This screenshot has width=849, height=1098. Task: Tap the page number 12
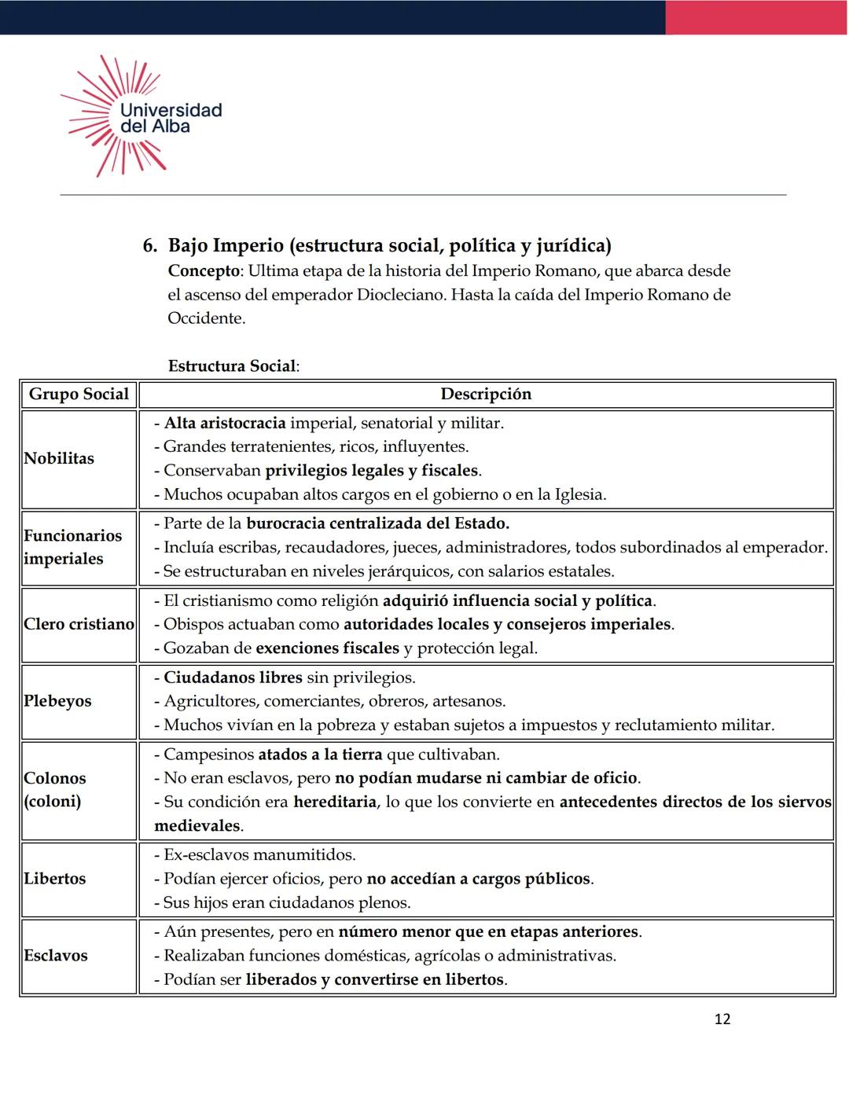[x=722, y=1019]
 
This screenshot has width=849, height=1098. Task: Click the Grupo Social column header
[x=79, y=395]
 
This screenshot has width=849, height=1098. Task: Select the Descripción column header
[x=486, y=395]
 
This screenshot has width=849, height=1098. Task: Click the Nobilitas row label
[x=59, y=459]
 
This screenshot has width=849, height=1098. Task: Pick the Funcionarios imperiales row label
[x=72, y=547]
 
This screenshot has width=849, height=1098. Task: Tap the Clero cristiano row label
[x=79, y=624]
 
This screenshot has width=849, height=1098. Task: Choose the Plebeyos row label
[x=57, y=701]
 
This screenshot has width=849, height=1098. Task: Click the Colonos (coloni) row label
[x=54, y=789]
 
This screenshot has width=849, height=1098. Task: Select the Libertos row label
[x=54, y=879]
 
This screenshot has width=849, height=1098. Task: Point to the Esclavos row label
[x=55, y=956]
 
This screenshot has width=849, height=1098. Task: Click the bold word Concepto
[x=204, y=271]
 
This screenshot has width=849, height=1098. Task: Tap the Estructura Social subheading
[x=233, y=366]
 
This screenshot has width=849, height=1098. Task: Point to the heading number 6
[x=149, y=246]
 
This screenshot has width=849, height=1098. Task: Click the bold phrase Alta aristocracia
[x=225, y=423]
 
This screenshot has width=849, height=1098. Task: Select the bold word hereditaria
[x=334, y=802]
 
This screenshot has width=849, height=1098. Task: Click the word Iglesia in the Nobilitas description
[x=579, y=495]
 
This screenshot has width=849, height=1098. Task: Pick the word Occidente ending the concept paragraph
[x=205, y=318]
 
